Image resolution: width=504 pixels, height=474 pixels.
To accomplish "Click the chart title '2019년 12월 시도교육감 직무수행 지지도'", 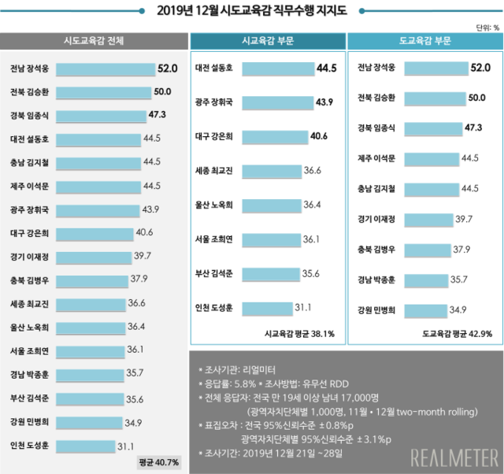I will (251, 10).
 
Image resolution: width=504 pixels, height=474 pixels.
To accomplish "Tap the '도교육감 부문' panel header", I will (426, 41).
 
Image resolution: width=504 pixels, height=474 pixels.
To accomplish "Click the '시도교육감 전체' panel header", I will (93, 41).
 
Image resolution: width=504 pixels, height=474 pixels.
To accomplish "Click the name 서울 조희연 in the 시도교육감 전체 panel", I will (30, 350).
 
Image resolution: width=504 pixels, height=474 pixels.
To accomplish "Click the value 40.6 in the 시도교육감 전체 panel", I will (144, 233).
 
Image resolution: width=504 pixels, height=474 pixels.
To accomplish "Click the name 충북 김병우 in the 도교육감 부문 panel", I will (376, 250).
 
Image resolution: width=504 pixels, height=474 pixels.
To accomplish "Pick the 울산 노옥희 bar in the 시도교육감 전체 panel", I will (94, 327).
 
